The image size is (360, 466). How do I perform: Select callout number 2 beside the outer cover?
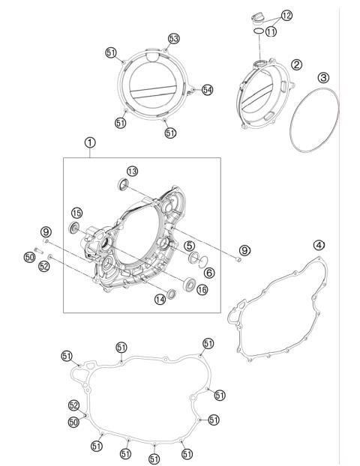pyautogui.click(x=296, y=66)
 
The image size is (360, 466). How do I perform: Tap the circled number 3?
pyautogui.click(x=322, y=77)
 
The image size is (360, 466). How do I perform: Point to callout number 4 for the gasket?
pyautogui.click(x=319, y=245)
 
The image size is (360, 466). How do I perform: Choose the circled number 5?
pyautogui.click(x=190, y=244)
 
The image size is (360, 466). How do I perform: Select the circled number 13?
pyautogui.click(x=132, y=172)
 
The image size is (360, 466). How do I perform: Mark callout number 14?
pyautogui.click(x=159, y=300)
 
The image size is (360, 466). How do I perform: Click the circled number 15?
pyautogui.click(x=76, y=214)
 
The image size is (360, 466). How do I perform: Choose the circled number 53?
pyautogui.click(x=173, y=38)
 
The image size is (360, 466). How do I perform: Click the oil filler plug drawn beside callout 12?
pyautogui.click(x=257, y=13)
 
